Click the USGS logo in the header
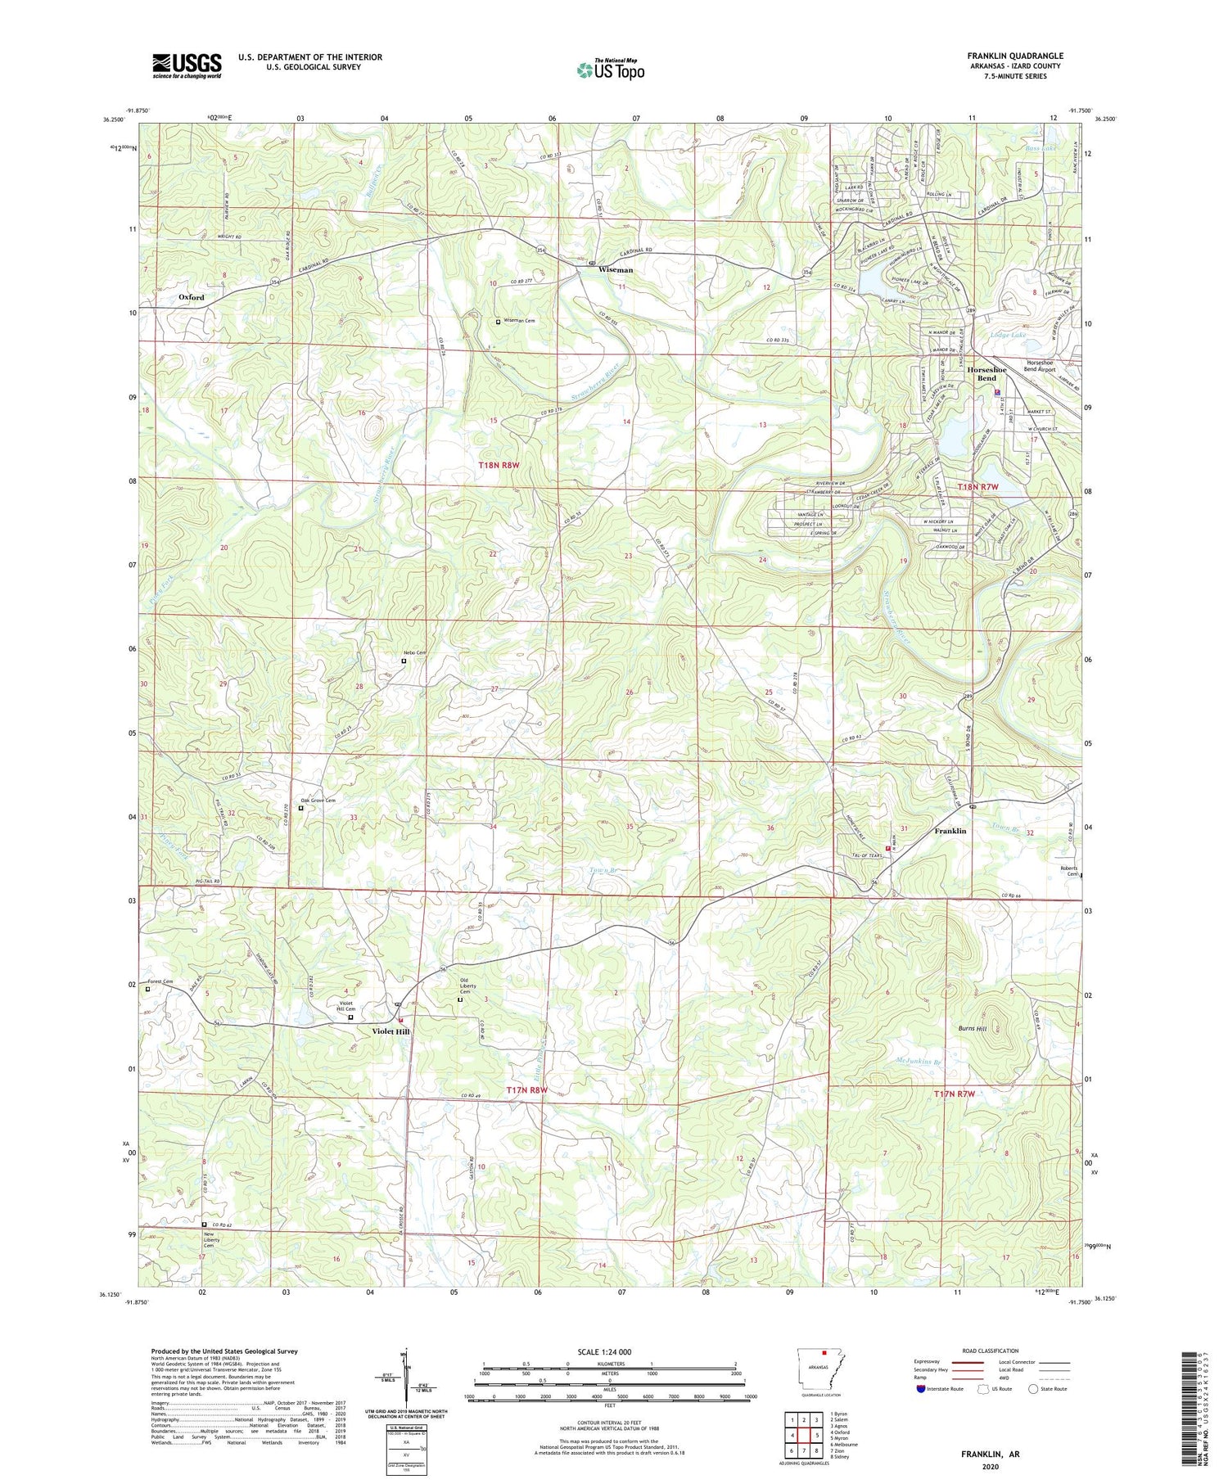coord(187,65)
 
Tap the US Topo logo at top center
coord(610,70)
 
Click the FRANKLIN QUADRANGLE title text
coord(1014,56)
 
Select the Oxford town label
coord(192,297)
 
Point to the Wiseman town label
coord(615,269)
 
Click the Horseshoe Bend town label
coord(986,373)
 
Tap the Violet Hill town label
coord(391,1031)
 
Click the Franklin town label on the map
coord(950,831)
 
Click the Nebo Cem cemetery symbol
coord(404,661)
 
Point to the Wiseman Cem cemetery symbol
coord(498,322)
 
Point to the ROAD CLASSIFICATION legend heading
coord(991,1351)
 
